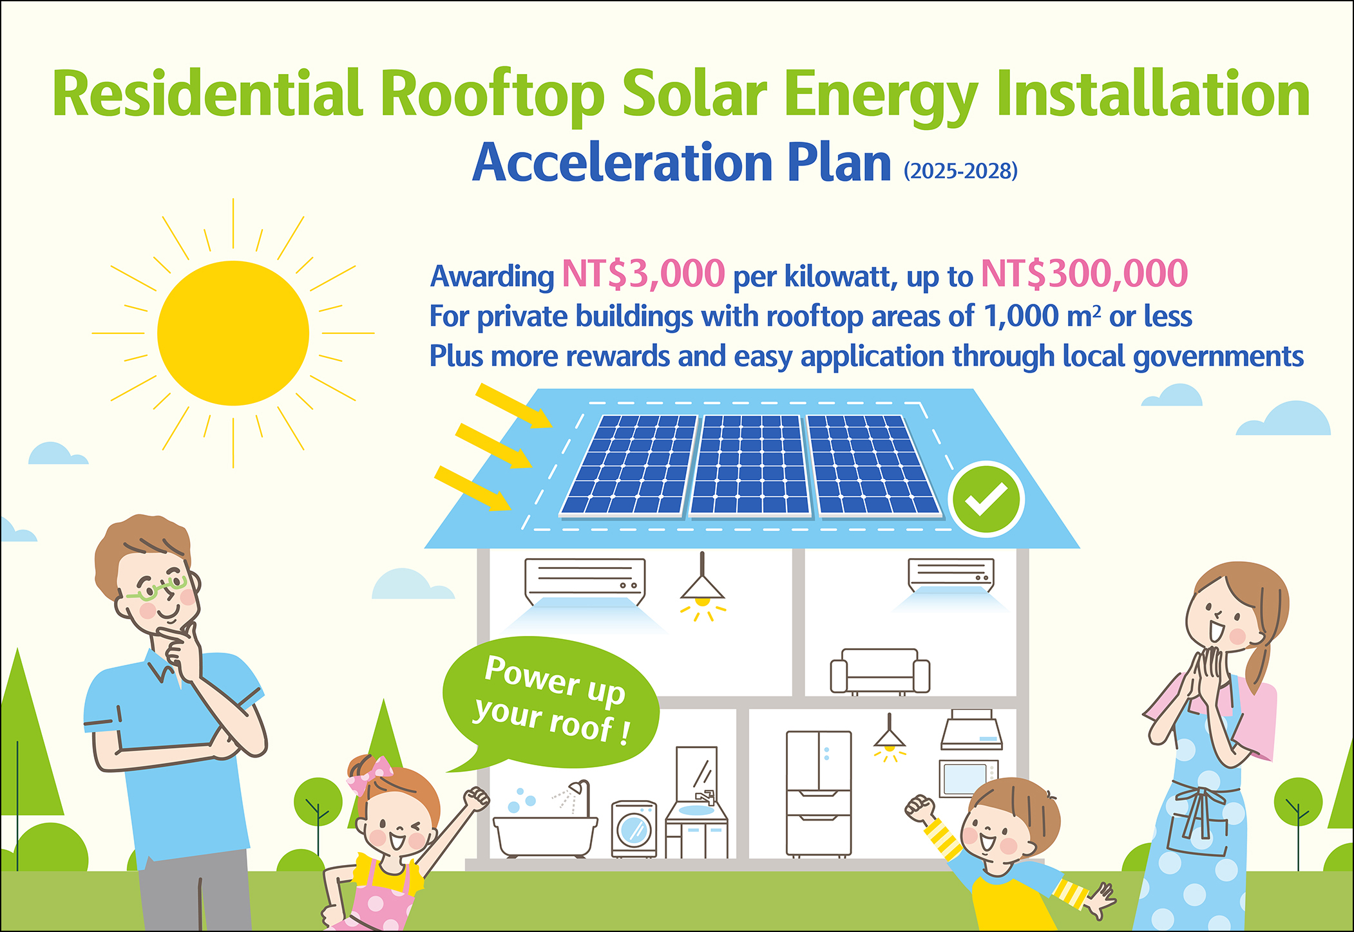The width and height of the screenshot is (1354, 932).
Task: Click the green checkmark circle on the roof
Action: (986, 498)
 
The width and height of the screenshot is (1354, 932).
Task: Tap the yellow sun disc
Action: (233, 333)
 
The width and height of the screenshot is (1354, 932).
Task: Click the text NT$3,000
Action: (644, 274)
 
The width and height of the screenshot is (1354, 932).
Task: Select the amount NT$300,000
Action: (1084, 274)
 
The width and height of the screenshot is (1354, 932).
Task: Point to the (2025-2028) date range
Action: (960, 171)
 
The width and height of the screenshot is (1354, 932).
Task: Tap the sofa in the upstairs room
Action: (880, 671)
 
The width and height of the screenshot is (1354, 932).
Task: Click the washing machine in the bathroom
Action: (634, 829)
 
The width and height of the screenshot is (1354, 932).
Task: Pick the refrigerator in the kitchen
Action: (819, 793)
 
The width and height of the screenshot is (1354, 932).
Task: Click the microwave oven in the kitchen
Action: (968, 779)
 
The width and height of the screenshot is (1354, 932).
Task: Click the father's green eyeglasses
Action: (157, 588)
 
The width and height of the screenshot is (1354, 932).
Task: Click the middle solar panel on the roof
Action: (750, 465)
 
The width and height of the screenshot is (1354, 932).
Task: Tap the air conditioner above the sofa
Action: (951, 574)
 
